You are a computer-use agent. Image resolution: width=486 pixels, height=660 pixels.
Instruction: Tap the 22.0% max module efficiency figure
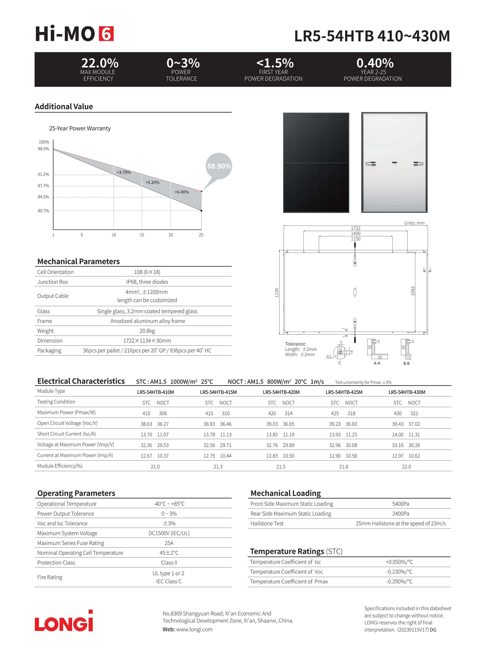[x=100, y=63]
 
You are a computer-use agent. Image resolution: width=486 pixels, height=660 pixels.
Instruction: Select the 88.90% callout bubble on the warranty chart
[x=219, y=166]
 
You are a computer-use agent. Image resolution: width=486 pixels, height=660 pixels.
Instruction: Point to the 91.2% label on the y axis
[x=43, y=174]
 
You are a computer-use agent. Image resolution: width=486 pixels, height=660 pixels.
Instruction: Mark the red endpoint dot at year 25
[x=201, y=191]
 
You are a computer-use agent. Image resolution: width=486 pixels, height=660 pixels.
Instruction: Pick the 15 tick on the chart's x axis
[x=142, y=235]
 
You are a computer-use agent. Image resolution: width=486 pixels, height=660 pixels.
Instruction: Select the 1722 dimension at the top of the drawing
[x=355, y=228]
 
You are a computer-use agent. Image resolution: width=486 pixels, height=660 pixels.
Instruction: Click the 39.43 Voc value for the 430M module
[x=397, y=424]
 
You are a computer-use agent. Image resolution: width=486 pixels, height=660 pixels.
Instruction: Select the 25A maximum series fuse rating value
[x=169, y=543]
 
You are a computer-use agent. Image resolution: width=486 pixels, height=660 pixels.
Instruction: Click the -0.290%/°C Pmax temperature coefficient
[x=399, y=581]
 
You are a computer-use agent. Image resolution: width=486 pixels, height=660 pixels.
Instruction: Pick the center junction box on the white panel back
[x=394, y=162]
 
